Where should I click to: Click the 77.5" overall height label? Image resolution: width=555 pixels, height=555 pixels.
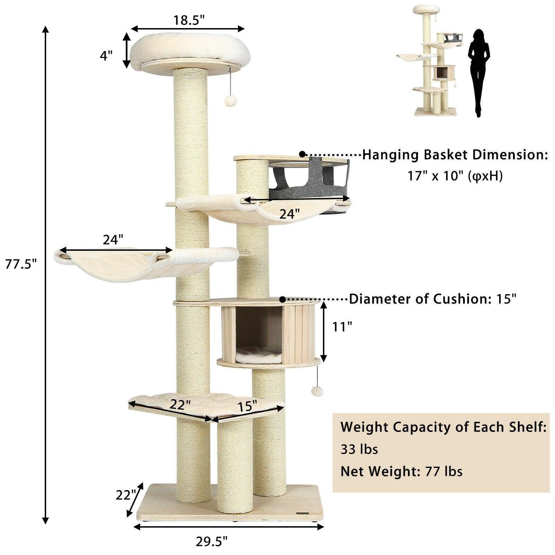point(21,264)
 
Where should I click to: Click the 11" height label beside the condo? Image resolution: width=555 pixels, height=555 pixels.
point(341,326)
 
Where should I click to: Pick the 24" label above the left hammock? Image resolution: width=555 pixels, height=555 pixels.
point(113,240)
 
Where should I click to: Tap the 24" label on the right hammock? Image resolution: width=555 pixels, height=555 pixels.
point(289,214)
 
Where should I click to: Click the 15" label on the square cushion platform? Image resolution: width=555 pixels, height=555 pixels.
point(247,405)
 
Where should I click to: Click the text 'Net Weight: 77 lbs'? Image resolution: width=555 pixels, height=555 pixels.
point(401,471)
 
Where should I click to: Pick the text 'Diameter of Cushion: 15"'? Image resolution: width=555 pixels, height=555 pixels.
point(433,299)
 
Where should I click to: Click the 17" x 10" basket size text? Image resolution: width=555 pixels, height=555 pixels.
point(455,177)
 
